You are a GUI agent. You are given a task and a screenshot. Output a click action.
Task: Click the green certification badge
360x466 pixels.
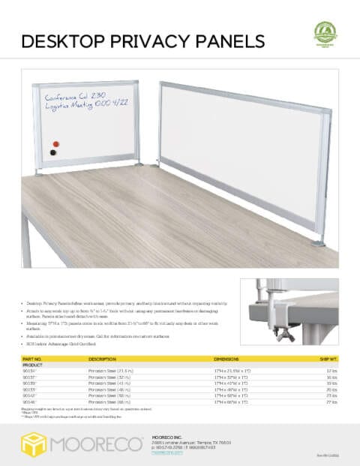(325, 33)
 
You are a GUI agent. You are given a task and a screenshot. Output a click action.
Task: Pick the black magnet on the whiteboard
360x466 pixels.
(53, 152)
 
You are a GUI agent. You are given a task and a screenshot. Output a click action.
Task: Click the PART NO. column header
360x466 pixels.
(31, 359)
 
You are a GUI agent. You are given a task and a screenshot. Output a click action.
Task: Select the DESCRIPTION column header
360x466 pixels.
(102, 359)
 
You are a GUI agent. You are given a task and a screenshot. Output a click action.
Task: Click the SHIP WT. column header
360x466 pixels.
(329, 359)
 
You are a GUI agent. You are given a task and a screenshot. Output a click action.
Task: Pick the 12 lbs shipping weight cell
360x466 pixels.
(332, 371)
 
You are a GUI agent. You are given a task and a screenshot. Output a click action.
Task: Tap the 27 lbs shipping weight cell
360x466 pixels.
(332, 402)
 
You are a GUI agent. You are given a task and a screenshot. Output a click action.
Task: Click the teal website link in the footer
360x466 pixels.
(166, 454)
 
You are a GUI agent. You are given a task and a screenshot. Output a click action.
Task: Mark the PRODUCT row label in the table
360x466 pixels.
(31, 365)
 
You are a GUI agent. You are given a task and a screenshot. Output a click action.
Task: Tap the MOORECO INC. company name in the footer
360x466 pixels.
(167, 435)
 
